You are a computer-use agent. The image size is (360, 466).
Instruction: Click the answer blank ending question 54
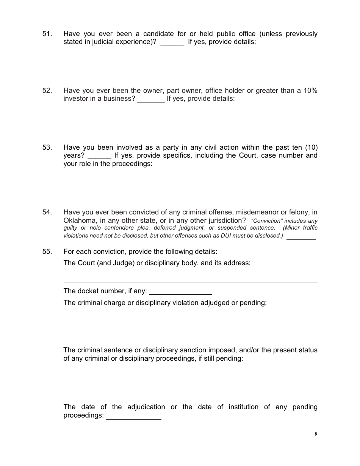[301, 238]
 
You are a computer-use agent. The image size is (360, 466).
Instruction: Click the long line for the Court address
[190, 282]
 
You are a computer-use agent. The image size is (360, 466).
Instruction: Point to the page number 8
[316, 435]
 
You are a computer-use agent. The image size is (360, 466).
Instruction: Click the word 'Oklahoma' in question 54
[80, 220]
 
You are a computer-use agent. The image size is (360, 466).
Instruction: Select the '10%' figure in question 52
[310, 91]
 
